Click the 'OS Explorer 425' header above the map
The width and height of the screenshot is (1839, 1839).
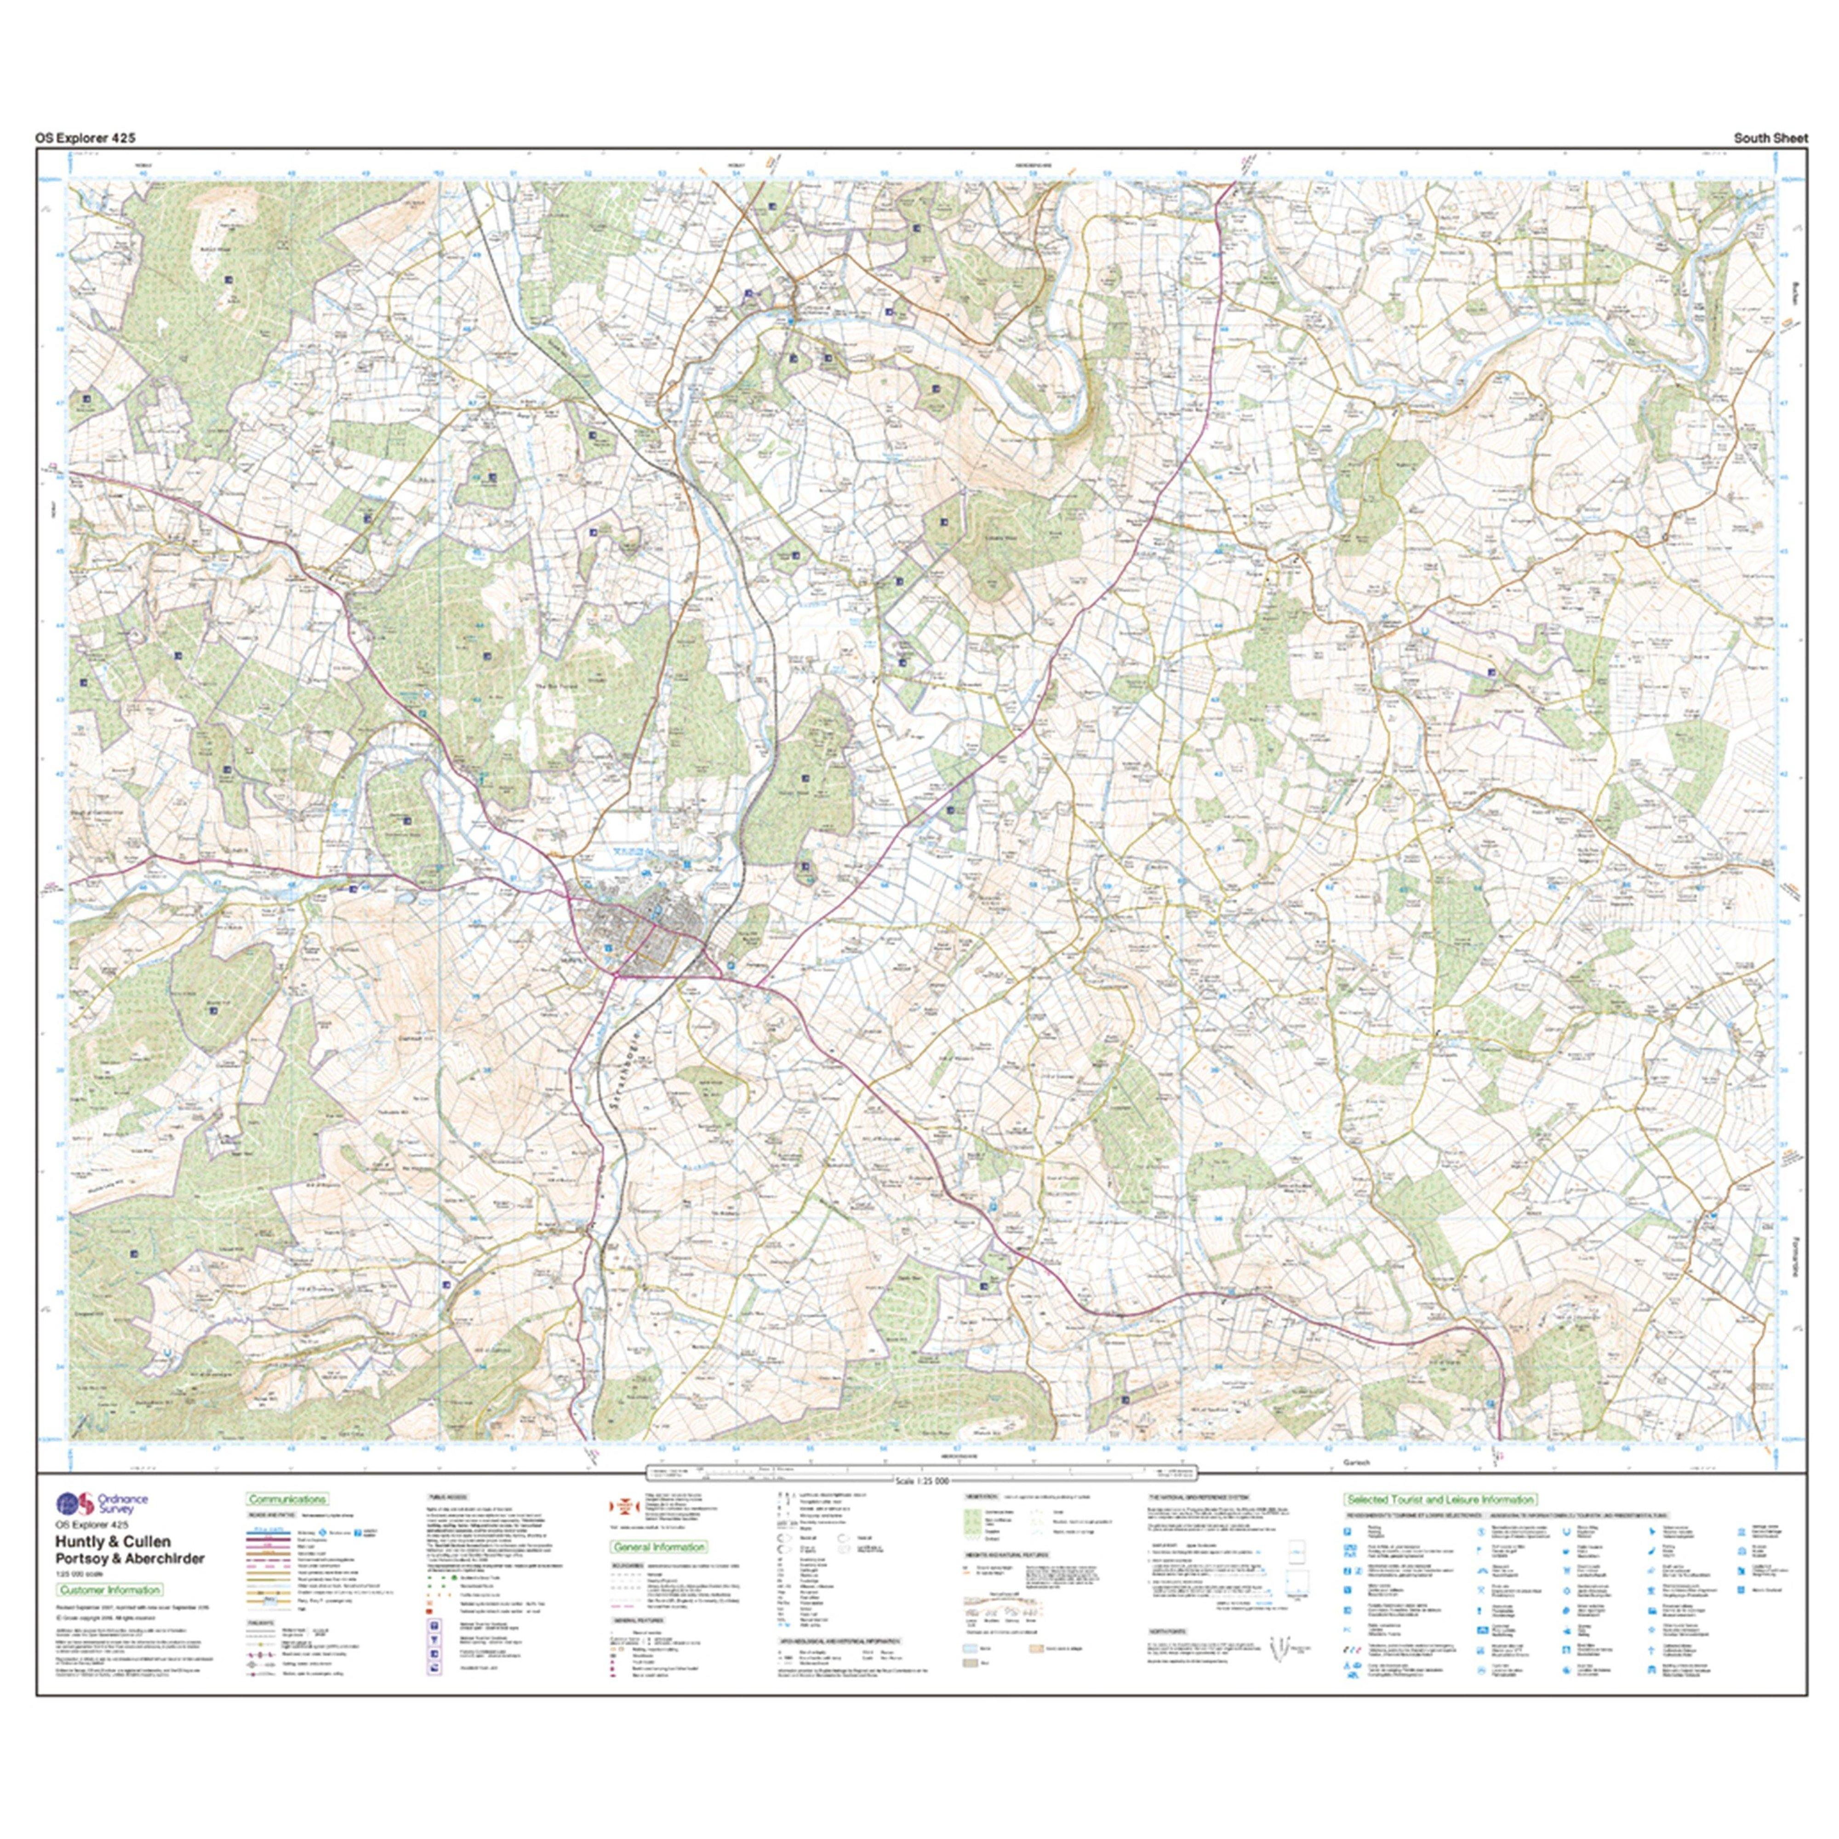pos(86,138)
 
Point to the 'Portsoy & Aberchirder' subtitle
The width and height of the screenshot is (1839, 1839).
pos(130,1558)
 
